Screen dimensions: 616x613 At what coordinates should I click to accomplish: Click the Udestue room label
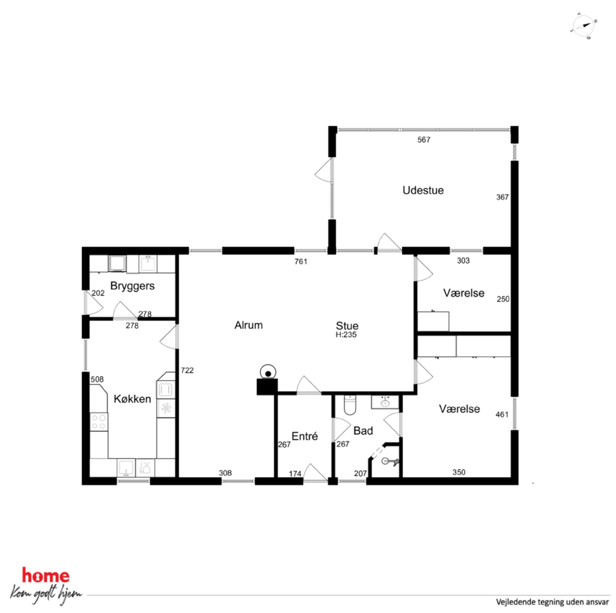pyautogui.click(x=423, y=190)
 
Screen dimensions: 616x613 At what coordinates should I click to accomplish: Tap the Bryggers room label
pyautogui.click(x=132, y=286)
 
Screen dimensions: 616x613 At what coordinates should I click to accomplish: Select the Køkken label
pyautogui.click(x=132, y=399)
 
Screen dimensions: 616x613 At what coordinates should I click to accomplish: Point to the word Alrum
pyautogui.click(x=248, y=325)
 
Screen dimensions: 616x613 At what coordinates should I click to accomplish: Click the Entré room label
pyautogui.click(x=305, y=436)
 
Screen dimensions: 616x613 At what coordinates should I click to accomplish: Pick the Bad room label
pyautogui.click(x=363, y=431)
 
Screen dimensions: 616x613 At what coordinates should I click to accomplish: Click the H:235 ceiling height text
pyautogui.click(x=346, y=335)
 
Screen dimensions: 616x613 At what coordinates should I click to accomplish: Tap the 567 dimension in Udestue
pyautogui.click(x=424, y=140)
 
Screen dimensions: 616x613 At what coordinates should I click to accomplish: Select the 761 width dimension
pyautogui.click(x=301, y=261)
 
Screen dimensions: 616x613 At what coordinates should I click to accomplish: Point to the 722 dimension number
pyautogui.click(x=187, y=370)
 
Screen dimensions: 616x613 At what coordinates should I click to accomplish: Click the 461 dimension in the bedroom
pyautogui.click(x=502, y=414)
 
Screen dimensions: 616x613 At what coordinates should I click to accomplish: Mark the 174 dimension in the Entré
pyautogui.click(x=295, y=474)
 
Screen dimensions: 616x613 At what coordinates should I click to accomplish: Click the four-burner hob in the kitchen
pyautogui.click(x=98, y=422)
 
